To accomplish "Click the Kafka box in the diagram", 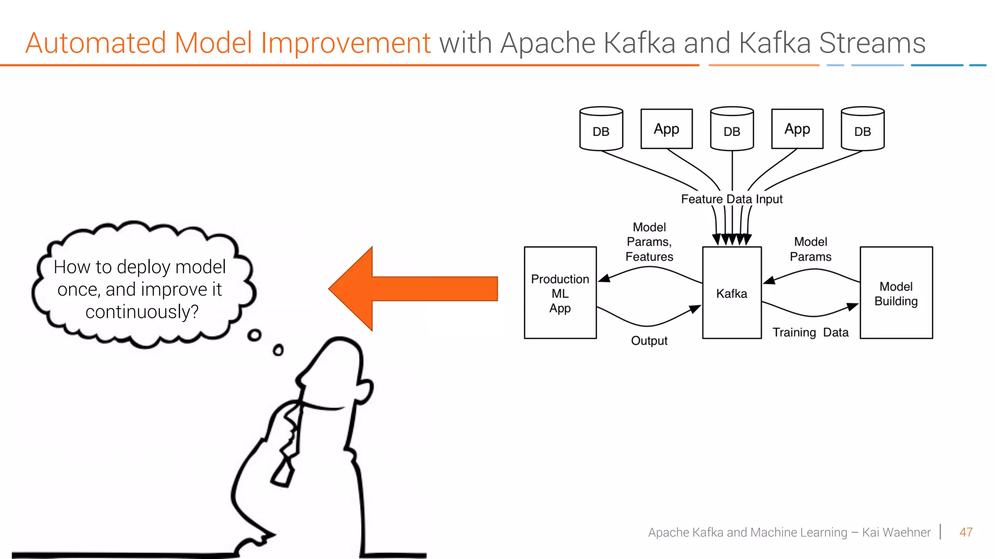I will point(732,293).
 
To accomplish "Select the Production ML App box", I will point(560,293).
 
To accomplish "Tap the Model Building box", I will point(896,293).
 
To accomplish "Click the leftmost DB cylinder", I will point(601,129).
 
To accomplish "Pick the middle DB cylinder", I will point(732,129).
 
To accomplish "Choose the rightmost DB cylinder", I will point(862,129).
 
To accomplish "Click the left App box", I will point(667,129).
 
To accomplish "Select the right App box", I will point(797,129).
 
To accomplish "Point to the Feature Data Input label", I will point(732,199).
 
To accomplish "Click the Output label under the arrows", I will point(649,341).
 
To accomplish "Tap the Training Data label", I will point(810,332).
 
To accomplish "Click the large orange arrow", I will point(413,289).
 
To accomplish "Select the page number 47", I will point(966,532).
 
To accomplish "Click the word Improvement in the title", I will point(345,43).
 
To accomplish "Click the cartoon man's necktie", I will point(287,451).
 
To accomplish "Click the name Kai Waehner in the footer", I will point(896,532).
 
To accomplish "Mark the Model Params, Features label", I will point(649,242).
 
